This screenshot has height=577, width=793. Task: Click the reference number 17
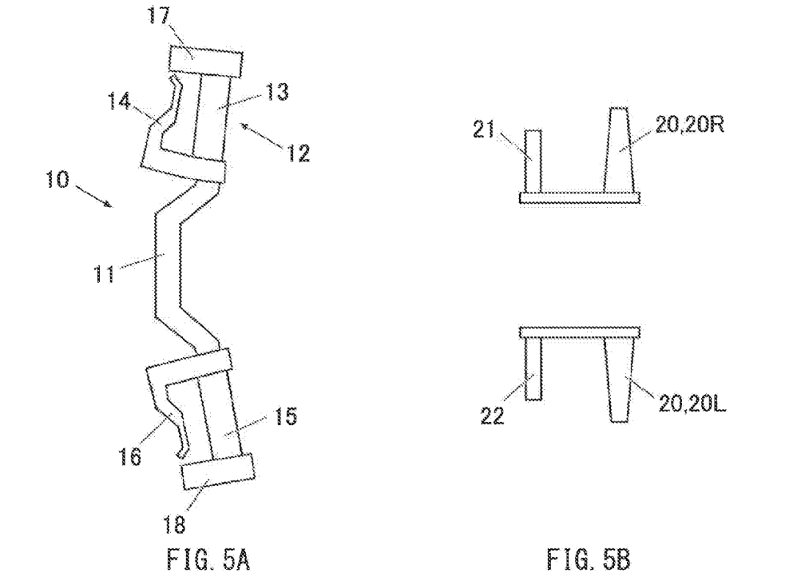[158, 15]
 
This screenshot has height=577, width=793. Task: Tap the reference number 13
[277, 92]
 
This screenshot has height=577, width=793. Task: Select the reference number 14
[120, 101]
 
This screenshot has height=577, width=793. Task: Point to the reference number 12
[298, 153]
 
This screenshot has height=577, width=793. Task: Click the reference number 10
[58, 180]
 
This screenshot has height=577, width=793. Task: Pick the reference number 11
[104, 274]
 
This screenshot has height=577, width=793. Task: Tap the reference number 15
[285, 416]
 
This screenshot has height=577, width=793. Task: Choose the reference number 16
[130, 457]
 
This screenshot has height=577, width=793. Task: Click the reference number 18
[175, 524]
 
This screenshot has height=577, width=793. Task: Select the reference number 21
[483, 130]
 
